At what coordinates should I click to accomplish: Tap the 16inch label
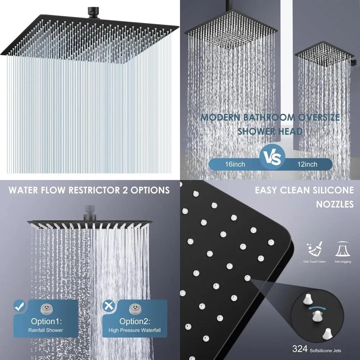click(x=235, y=164)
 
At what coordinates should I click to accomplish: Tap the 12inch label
click(x=308, y=164)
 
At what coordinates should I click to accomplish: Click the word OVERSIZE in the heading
click(x=318, y=118)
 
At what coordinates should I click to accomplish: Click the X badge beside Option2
click(x=107, y=306)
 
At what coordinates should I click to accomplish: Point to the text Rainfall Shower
click(x=46, y=330)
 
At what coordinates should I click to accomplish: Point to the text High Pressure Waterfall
click(x=135, y=330)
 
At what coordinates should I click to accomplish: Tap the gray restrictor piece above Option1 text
click(x=46, y=308)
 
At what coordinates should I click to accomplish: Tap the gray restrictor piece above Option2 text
click(x=135, y=308)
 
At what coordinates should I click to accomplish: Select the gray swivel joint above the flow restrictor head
click(x=90, y=211)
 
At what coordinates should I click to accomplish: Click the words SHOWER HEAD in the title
click(x=269, y=131)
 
